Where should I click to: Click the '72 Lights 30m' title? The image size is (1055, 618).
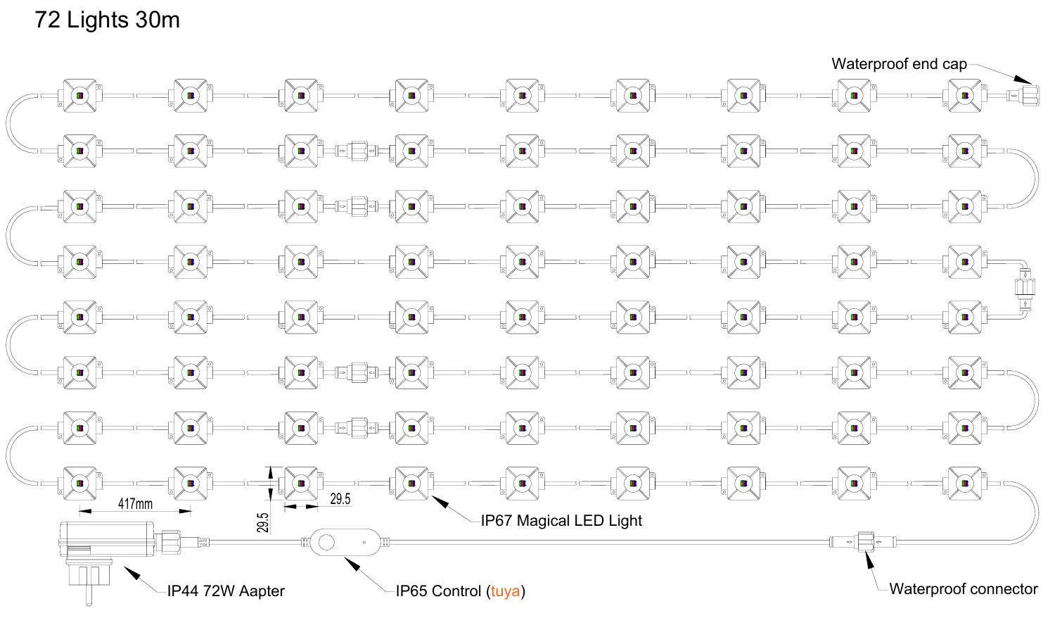107,20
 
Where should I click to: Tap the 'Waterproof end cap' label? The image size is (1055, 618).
899,64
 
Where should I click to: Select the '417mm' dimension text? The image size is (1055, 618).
135,503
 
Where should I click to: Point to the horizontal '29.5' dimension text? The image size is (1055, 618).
340,499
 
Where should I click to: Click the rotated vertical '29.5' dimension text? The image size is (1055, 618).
262,522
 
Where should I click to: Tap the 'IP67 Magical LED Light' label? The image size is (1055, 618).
561,521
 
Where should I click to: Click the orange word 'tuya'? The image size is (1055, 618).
506,591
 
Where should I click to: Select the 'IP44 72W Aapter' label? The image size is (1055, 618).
226,591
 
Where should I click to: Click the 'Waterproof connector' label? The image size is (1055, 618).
963,589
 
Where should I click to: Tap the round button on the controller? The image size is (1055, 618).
326,542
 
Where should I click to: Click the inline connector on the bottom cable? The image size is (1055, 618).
864,542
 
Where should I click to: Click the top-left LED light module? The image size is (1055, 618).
79,95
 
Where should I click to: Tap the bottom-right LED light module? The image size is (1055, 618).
964,484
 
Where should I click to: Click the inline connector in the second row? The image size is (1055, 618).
356,151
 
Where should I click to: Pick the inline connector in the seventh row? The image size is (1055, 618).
356,427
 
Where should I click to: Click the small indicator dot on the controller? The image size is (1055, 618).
364,542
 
